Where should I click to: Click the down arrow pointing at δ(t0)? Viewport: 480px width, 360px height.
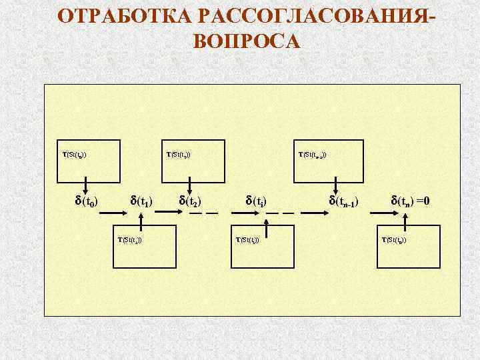tap(87, 185)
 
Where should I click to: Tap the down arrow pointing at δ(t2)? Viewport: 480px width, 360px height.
tap(191, 185)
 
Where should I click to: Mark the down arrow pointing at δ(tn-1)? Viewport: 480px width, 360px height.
tap(337, 185)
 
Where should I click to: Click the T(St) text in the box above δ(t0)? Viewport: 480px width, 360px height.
tap(74, 155)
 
